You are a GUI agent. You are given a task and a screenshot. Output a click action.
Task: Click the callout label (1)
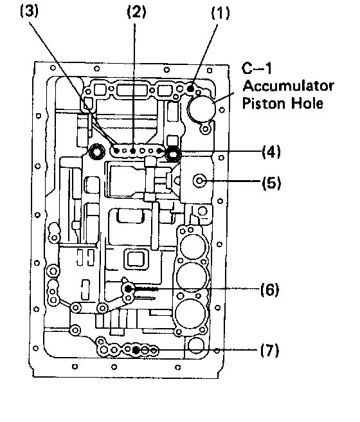click(221, 13)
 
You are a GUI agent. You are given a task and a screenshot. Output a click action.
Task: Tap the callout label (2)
click(136, 12)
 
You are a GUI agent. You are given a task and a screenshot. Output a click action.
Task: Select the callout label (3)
click(30, 12)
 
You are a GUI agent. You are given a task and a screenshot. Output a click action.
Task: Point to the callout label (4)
click(271, 152)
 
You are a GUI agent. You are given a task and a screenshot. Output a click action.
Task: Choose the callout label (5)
click(271, 183)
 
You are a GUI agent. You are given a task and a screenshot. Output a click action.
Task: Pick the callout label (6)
click(269, 290)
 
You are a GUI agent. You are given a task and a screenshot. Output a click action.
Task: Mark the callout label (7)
click(269, 351)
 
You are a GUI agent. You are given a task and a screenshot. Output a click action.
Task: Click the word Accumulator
click(288, 86)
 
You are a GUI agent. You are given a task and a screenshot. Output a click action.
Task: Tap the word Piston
click(265, 104)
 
